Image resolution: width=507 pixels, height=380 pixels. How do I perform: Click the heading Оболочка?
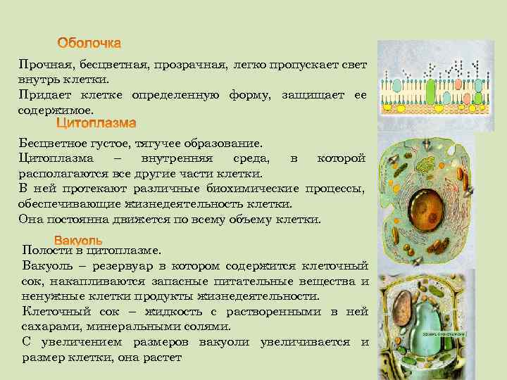(x=89, y=44)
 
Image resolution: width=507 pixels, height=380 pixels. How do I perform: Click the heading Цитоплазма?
(x=96, y=124)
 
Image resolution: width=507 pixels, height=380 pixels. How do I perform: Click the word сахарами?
(x=50, y=327)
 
